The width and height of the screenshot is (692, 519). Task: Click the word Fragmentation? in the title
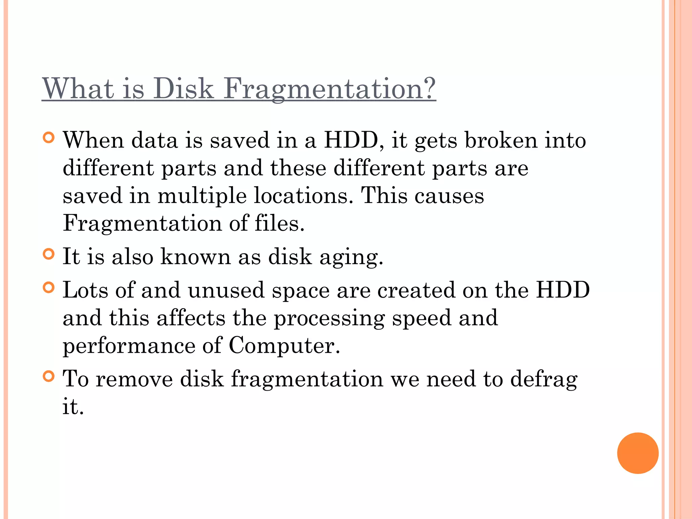click(329, 89)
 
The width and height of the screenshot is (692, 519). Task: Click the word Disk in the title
click(184, 89)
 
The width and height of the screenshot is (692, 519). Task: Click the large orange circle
click(638, 453)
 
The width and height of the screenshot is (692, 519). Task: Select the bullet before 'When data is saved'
click(49, 138)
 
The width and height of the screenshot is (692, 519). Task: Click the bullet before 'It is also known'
click(49, 254)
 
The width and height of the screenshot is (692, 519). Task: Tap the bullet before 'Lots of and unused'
click(49, 288)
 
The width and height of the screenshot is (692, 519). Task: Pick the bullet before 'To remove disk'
click(49, 376)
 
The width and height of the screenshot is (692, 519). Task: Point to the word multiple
click(202, 196)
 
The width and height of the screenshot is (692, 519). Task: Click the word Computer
click(284, 346)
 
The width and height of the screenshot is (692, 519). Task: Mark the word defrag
click(544, 379)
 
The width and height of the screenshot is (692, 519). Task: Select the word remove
click(134, 379)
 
